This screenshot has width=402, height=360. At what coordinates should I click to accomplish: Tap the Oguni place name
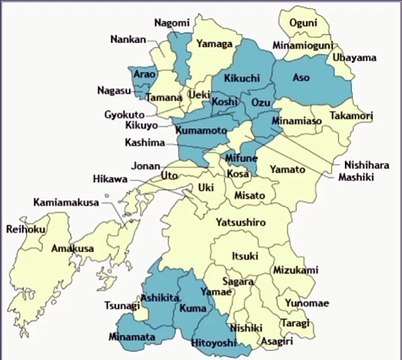coord(303,22)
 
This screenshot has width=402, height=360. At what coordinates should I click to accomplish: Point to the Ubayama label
coord(355,58)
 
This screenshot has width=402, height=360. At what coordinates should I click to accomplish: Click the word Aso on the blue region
coord(301,77)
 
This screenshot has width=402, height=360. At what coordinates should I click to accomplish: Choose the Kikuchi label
coord(242,78)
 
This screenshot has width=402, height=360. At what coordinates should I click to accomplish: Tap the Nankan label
coord(129,41)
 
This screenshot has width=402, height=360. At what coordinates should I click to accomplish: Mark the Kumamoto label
coord(201,132)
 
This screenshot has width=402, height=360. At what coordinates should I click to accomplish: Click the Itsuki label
coord(245,257)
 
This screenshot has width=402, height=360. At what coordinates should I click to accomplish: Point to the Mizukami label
coord(296,270)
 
